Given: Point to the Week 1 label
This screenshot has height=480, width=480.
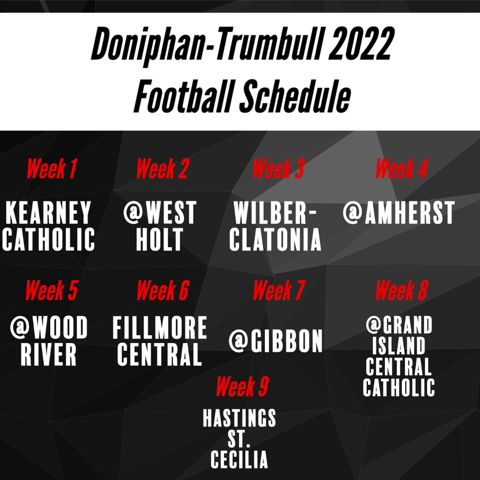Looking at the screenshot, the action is (52, 168).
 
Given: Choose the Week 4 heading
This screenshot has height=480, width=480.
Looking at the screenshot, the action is (401, 168).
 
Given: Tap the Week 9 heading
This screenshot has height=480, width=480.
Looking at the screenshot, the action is (242, 386).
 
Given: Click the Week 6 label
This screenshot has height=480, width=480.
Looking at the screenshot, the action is (163, 290).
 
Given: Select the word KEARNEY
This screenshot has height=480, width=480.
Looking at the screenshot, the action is (48, 213).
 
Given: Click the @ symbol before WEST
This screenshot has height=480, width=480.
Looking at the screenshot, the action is (133, 212).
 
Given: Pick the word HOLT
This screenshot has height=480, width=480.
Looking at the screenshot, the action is (159, 239).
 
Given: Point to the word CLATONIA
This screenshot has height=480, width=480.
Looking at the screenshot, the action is (275, 239).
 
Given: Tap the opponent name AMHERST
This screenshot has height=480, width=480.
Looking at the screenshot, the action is (410, 213).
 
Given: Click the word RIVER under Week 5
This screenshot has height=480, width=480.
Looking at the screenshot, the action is (48, 354).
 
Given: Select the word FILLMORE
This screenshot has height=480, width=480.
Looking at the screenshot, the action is (160, 328).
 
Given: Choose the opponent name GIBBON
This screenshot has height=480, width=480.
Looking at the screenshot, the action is (286, 341).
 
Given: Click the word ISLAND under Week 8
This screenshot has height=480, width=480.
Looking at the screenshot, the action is (399, 345).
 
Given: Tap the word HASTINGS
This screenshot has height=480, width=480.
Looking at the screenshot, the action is (240, 418).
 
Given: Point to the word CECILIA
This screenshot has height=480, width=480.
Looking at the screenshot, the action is (240, 459).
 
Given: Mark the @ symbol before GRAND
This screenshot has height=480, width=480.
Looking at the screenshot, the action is (374, 324).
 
